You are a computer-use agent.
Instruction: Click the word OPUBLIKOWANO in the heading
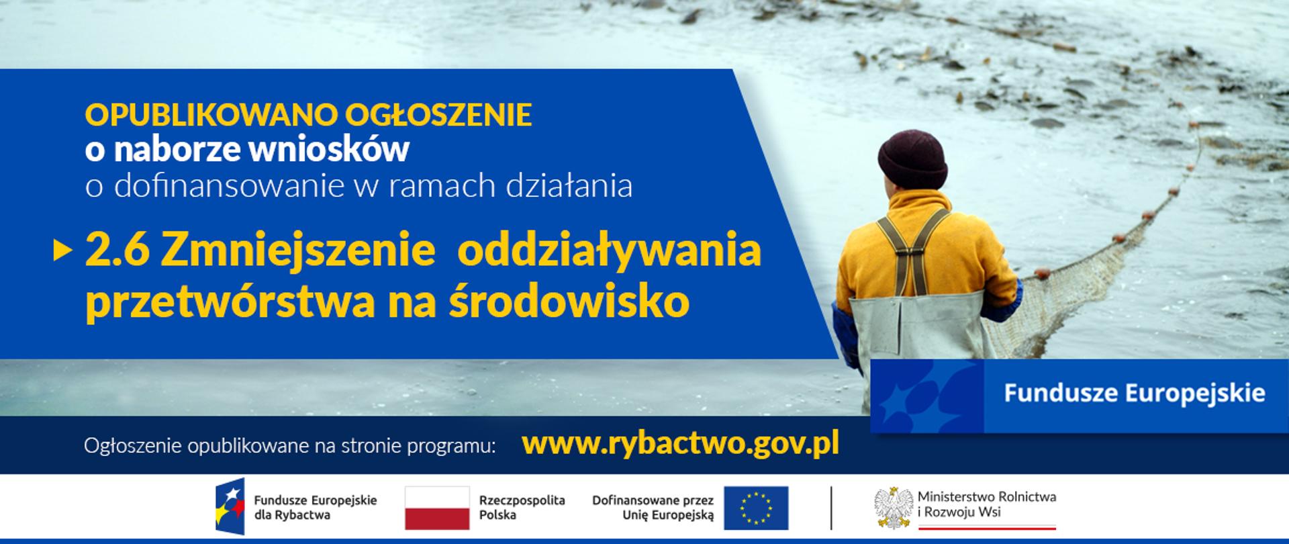[211, 116]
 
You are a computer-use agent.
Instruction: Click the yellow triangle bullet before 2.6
[62, 251]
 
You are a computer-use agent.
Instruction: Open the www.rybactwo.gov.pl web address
[680, 444]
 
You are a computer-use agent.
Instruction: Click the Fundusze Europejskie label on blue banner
[1134, 394]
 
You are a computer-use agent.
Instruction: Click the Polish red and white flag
[437, 508]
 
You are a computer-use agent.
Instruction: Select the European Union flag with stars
[755, 508]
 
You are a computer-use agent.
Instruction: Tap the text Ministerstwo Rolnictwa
[986, 498]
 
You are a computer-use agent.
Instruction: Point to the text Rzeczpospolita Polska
[522, 508]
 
